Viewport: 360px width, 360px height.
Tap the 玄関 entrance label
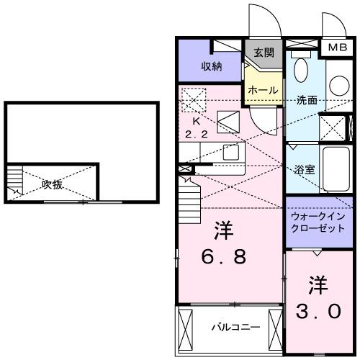tap(264, 52)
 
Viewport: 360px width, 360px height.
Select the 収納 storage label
tap(210, 66)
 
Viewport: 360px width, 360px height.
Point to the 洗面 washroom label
tap(307, 101)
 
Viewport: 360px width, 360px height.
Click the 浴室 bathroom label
tap(302, 171)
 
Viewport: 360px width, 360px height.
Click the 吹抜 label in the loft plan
tap(51, 184)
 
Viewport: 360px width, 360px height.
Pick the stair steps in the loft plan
tap(14, 182)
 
